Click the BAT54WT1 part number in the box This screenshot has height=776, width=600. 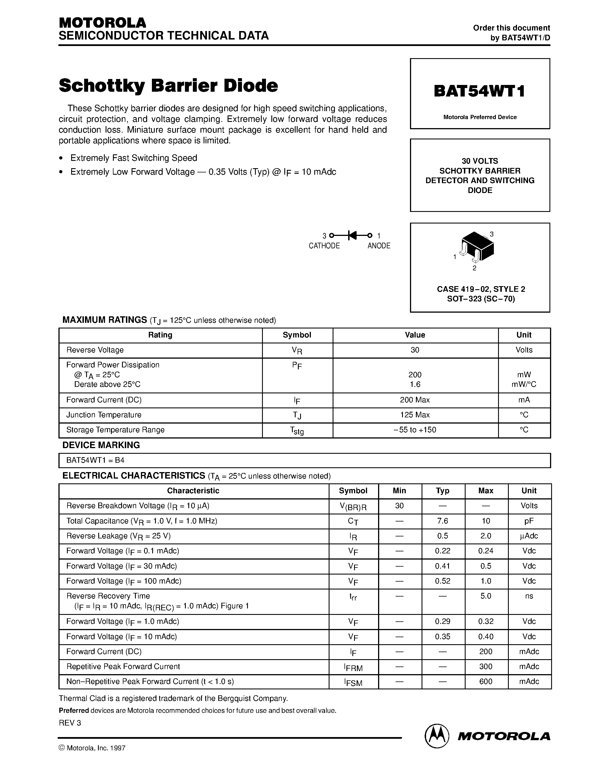[479, 91]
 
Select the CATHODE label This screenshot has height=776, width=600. [324, 246]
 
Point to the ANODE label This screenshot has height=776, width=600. [379, 246]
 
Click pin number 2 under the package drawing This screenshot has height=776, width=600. [474, 268]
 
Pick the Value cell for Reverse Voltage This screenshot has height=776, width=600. [415, 350]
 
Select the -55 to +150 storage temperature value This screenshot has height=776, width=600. [415, 430]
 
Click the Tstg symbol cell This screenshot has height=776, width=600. [297, 431]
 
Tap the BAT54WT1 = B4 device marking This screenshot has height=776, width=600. [95, 461]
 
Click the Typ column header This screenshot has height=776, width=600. [442, 491]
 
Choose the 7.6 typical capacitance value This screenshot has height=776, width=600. [442, 521]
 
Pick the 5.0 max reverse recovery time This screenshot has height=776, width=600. [486, 596]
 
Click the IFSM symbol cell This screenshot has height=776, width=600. [353, 682]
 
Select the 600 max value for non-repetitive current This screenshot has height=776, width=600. [486, 681]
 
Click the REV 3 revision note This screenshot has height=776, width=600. [70, 723]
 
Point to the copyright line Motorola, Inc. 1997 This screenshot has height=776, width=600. [92, 748]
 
